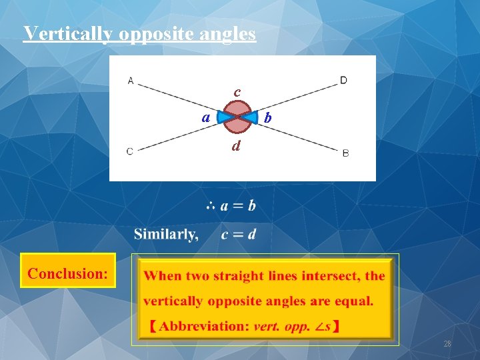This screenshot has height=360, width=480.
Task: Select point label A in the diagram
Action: tap(131, 81)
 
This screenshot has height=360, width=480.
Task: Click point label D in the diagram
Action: tap(343, 81)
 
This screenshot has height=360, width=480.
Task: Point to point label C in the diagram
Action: tap(129, 151)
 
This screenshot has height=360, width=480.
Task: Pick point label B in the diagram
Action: tap(345, 153)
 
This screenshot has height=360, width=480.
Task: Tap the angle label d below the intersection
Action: tap(236, 145)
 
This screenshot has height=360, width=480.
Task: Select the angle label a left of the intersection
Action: tap(207, 117)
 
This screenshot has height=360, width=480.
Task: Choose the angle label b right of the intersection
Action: tap(267, 118)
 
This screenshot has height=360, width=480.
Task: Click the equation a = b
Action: tap(238, 206)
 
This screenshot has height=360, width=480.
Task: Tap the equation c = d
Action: tap(238, 234)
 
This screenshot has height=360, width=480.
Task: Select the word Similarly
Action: tap(165, 234)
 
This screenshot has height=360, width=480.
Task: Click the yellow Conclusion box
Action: tap(68, 271)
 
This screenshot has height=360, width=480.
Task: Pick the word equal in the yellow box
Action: tap(354, 301)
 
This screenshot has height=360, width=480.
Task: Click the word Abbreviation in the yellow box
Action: tap(203, 326)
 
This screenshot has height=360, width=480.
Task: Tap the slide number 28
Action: tap(447, 344)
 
